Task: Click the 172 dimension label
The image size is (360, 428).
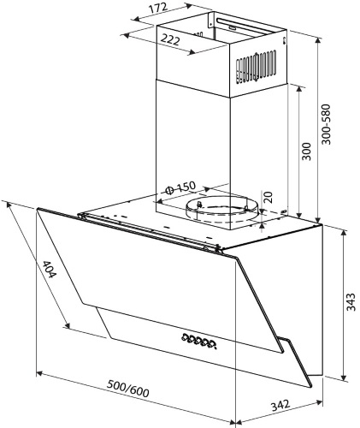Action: pos(159,8)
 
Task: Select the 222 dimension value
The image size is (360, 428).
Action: pos(170,39)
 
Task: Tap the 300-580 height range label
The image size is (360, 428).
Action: pos(326,124)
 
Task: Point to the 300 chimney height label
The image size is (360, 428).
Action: pos(306,152)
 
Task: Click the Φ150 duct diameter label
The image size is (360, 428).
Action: pos(180,187)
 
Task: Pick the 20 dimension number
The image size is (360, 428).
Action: pos(269,197)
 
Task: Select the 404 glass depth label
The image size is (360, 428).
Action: pos(50,269)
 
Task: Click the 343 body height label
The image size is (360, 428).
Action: pos(351,301)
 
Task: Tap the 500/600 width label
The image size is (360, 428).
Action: pos(128,389)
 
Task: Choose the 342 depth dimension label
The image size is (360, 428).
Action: pos(280,405)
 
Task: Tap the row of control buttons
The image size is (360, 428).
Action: pos(198,340)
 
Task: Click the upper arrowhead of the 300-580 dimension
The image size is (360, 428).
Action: pos(319,41)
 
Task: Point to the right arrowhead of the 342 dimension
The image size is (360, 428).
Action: pos(320,403)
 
